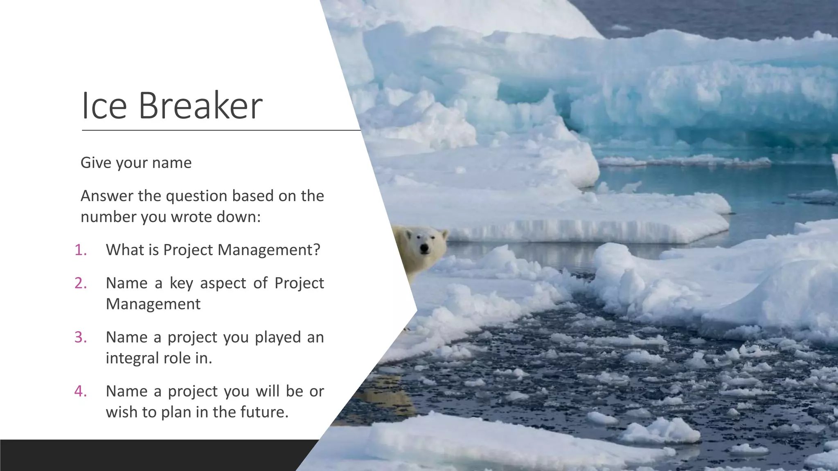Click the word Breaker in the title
tap(200, 105)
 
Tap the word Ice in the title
tap(104, 105)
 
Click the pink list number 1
tap(81, 250)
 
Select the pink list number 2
tap(81, 283)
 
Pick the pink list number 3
tap(81, 337)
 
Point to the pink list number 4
tap(81, 391)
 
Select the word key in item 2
tap(181, 283)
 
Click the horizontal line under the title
tap(221, 130)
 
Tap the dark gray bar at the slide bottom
tap(155, 455)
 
